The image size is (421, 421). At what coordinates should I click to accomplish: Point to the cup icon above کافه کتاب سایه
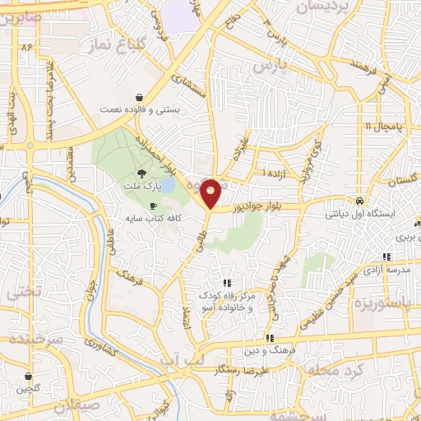(x=153, y=206)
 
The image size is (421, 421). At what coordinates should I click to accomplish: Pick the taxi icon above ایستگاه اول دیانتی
(x=359, y=201)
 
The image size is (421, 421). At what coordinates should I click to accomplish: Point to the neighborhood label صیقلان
(x=75, y=406)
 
